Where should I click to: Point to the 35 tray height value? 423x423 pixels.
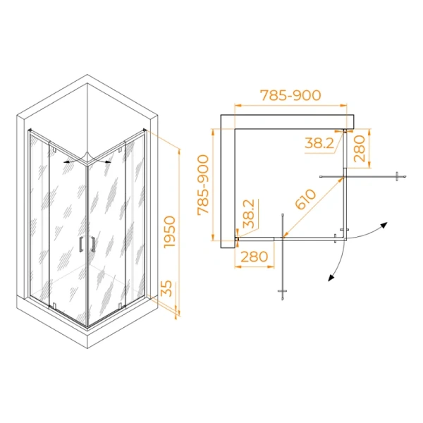click(x=166, y=290)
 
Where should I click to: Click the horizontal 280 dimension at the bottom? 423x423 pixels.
click(x=254, y=257)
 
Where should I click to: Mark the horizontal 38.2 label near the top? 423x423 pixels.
click(x=319, y=143)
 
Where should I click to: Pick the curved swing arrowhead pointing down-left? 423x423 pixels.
click(x=329, y=278)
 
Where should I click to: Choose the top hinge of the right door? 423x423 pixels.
click(x=125, y=148)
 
